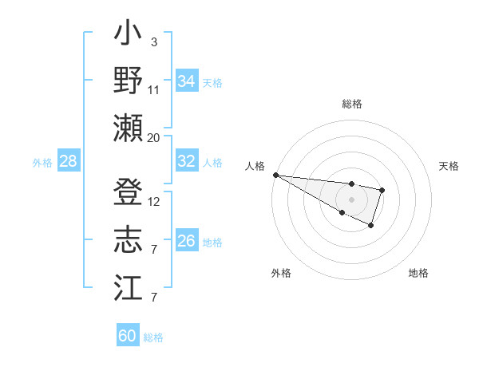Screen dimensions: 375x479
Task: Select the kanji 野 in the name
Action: tap(128, 81)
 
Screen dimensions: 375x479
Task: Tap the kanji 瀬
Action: tap(128, 128)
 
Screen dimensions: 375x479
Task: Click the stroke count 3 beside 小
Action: tap(153, 42)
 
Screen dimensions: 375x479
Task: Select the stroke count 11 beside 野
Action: tap(154, 89)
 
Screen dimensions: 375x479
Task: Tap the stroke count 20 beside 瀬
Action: tap(154, 137)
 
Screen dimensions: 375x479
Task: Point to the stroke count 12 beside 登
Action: tap(154, 202)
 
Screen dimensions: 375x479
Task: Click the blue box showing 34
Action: tap(186, 81)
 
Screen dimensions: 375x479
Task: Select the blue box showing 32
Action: tap(186, 161)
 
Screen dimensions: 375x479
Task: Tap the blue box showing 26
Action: tap(186, 241)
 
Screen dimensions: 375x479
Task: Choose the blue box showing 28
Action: tap(68, 161)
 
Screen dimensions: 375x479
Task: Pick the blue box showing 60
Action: tap(128, 336)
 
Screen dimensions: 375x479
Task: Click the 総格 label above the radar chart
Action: tap(351, 104)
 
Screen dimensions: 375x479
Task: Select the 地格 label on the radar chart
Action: tap(418, 273)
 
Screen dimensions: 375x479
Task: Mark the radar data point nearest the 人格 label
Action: tap(275, 174)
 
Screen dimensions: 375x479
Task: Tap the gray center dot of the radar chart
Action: tap(351, 199)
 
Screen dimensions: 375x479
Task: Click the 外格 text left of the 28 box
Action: tap(42, 162)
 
